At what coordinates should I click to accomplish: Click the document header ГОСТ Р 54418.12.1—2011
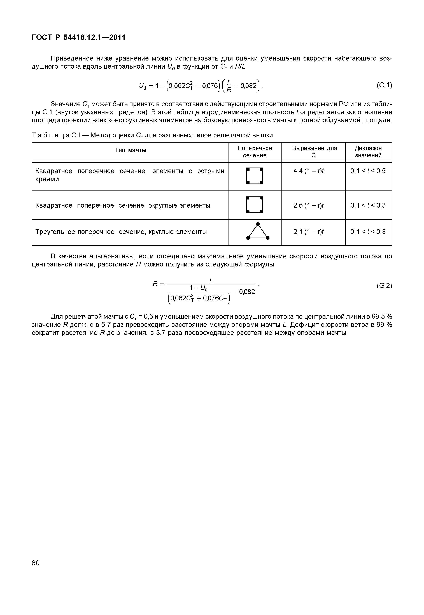78,38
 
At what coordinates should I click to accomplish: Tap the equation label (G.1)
384,85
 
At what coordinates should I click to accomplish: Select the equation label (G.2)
384,286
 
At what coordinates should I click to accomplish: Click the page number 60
36,563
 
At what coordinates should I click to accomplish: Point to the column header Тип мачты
131,150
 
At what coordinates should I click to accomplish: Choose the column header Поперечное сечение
255,152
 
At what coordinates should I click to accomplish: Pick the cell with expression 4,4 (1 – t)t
308,171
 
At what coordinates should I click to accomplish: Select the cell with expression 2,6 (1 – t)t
308,205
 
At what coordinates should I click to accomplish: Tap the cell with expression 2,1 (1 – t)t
308,232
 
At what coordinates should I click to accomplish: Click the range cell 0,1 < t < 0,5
368,171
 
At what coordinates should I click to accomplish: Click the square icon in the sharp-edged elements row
255,176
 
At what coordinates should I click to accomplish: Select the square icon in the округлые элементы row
255,205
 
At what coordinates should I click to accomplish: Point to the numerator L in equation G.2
211,281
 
